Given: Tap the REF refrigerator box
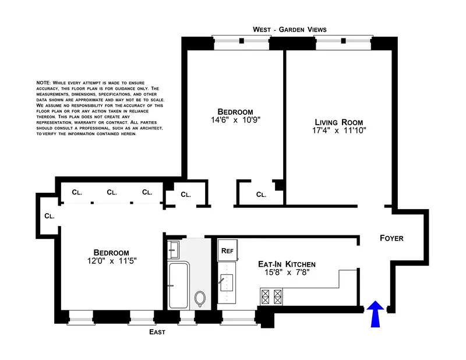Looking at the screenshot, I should tap(227, 252).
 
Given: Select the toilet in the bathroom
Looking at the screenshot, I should tap(200, 299).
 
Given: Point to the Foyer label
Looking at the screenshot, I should tap(391, 238).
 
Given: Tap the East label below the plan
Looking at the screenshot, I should tap(156, 332).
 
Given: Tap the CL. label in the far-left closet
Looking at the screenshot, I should tap(49, 216).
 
